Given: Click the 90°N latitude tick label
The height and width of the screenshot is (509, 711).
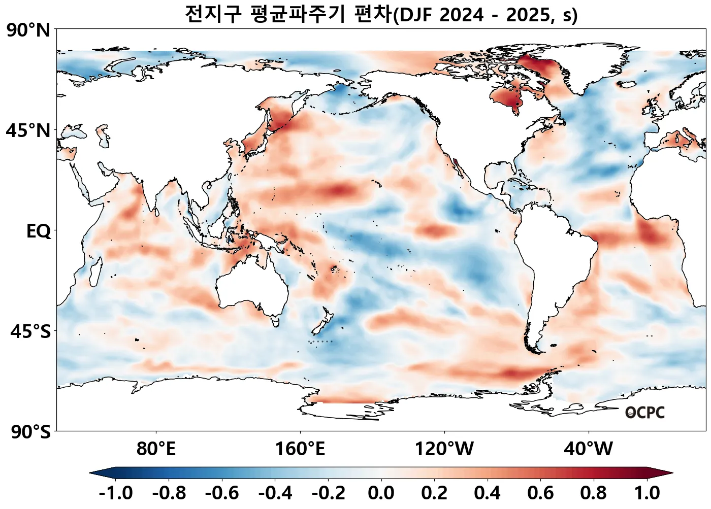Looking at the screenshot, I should pos(28,30).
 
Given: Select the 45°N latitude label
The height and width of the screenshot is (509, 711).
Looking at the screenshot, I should pos(28,131).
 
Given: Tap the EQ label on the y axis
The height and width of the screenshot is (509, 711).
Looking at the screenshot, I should pos(39,231).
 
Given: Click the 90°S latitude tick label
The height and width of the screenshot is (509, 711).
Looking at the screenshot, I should pos(30,432).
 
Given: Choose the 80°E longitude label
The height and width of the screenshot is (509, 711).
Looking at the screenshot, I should pos(156,449).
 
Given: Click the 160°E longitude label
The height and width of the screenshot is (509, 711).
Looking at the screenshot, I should pos(300,449).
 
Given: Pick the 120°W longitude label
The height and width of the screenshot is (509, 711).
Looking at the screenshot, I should pos(444,449).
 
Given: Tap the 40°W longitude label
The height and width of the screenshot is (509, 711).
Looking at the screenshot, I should pos(588,449).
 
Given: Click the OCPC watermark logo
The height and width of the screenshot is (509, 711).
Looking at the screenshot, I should pos(645,413).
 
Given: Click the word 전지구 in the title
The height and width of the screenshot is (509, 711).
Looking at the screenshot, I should pos(213,14).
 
